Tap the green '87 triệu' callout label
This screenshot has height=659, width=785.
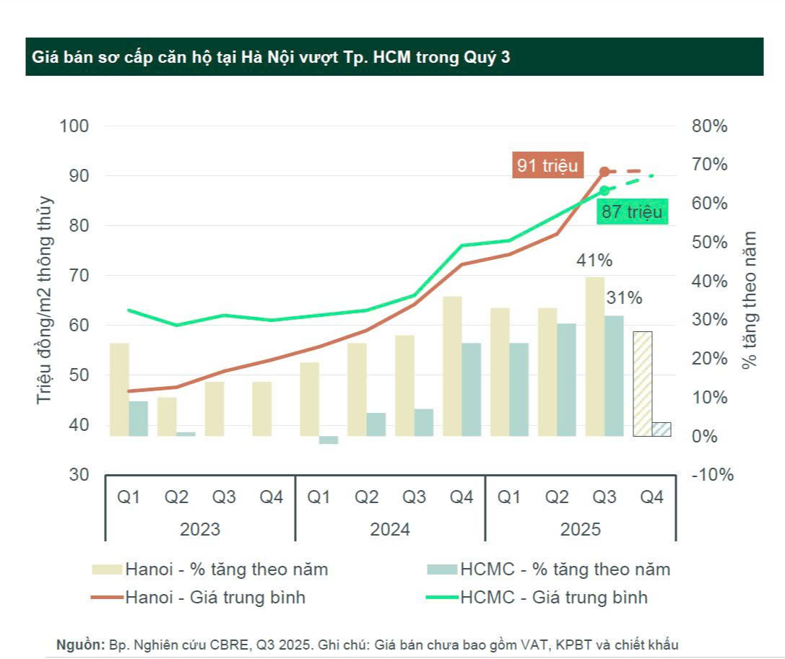point(630,211)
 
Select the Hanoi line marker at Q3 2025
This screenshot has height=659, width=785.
point(604,171)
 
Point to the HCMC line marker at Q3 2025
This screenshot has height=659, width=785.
point(604,191)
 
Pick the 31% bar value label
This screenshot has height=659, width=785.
point(623,297)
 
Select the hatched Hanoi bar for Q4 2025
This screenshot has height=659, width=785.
point(643,383)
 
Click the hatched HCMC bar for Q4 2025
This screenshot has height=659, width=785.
point(662,429)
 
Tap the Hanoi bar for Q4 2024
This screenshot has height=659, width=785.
point(452,366)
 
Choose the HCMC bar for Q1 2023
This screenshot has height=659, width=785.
point(138,419)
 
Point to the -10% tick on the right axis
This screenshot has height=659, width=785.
point(712,475)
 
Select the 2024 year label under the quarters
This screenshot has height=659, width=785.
point(390,529)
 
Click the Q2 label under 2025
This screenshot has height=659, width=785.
point(556,497)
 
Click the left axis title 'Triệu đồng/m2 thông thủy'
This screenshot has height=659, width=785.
point(46,300)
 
